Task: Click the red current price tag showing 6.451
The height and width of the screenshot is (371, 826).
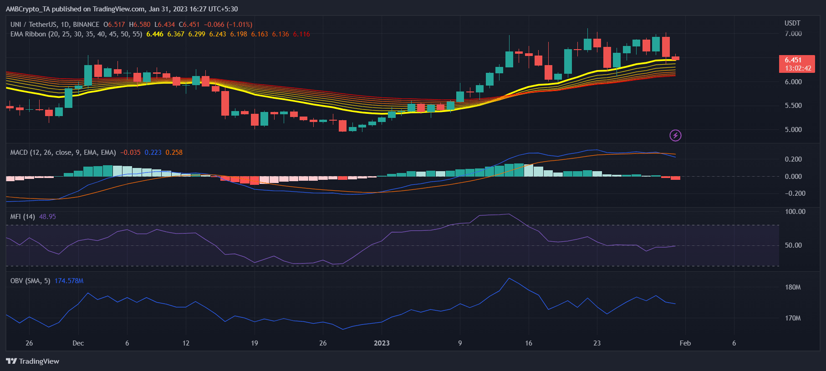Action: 797,64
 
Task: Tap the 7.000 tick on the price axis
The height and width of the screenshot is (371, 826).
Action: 793,34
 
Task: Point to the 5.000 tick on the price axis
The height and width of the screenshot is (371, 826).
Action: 793,130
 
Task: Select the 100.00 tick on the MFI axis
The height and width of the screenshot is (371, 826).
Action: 795,212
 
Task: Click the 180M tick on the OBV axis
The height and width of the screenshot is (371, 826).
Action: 793,287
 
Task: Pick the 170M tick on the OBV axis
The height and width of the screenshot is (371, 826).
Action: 793,318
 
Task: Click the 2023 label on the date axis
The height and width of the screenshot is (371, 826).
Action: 382,343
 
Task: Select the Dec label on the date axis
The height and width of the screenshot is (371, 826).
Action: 78,343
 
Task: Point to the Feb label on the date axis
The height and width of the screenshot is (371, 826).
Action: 685,343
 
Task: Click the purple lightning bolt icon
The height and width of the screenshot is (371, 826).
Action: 675,135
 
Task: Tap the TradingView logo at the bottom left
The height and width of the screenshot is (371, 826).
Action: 32,361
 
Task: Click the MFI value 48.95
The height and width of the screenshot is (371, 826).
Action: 47,217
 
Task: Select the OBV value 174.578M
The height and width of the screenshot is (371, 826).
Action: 69,281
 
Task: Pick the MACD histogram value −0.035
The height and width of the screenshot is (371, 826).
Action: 131,152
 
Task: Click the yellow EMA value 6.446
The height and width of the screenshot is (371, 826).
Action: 155,34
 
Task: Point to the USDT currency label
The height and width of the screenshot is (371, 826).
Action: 792,23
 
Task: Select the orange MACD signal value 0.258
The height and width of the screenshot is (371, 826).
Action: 174,152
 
